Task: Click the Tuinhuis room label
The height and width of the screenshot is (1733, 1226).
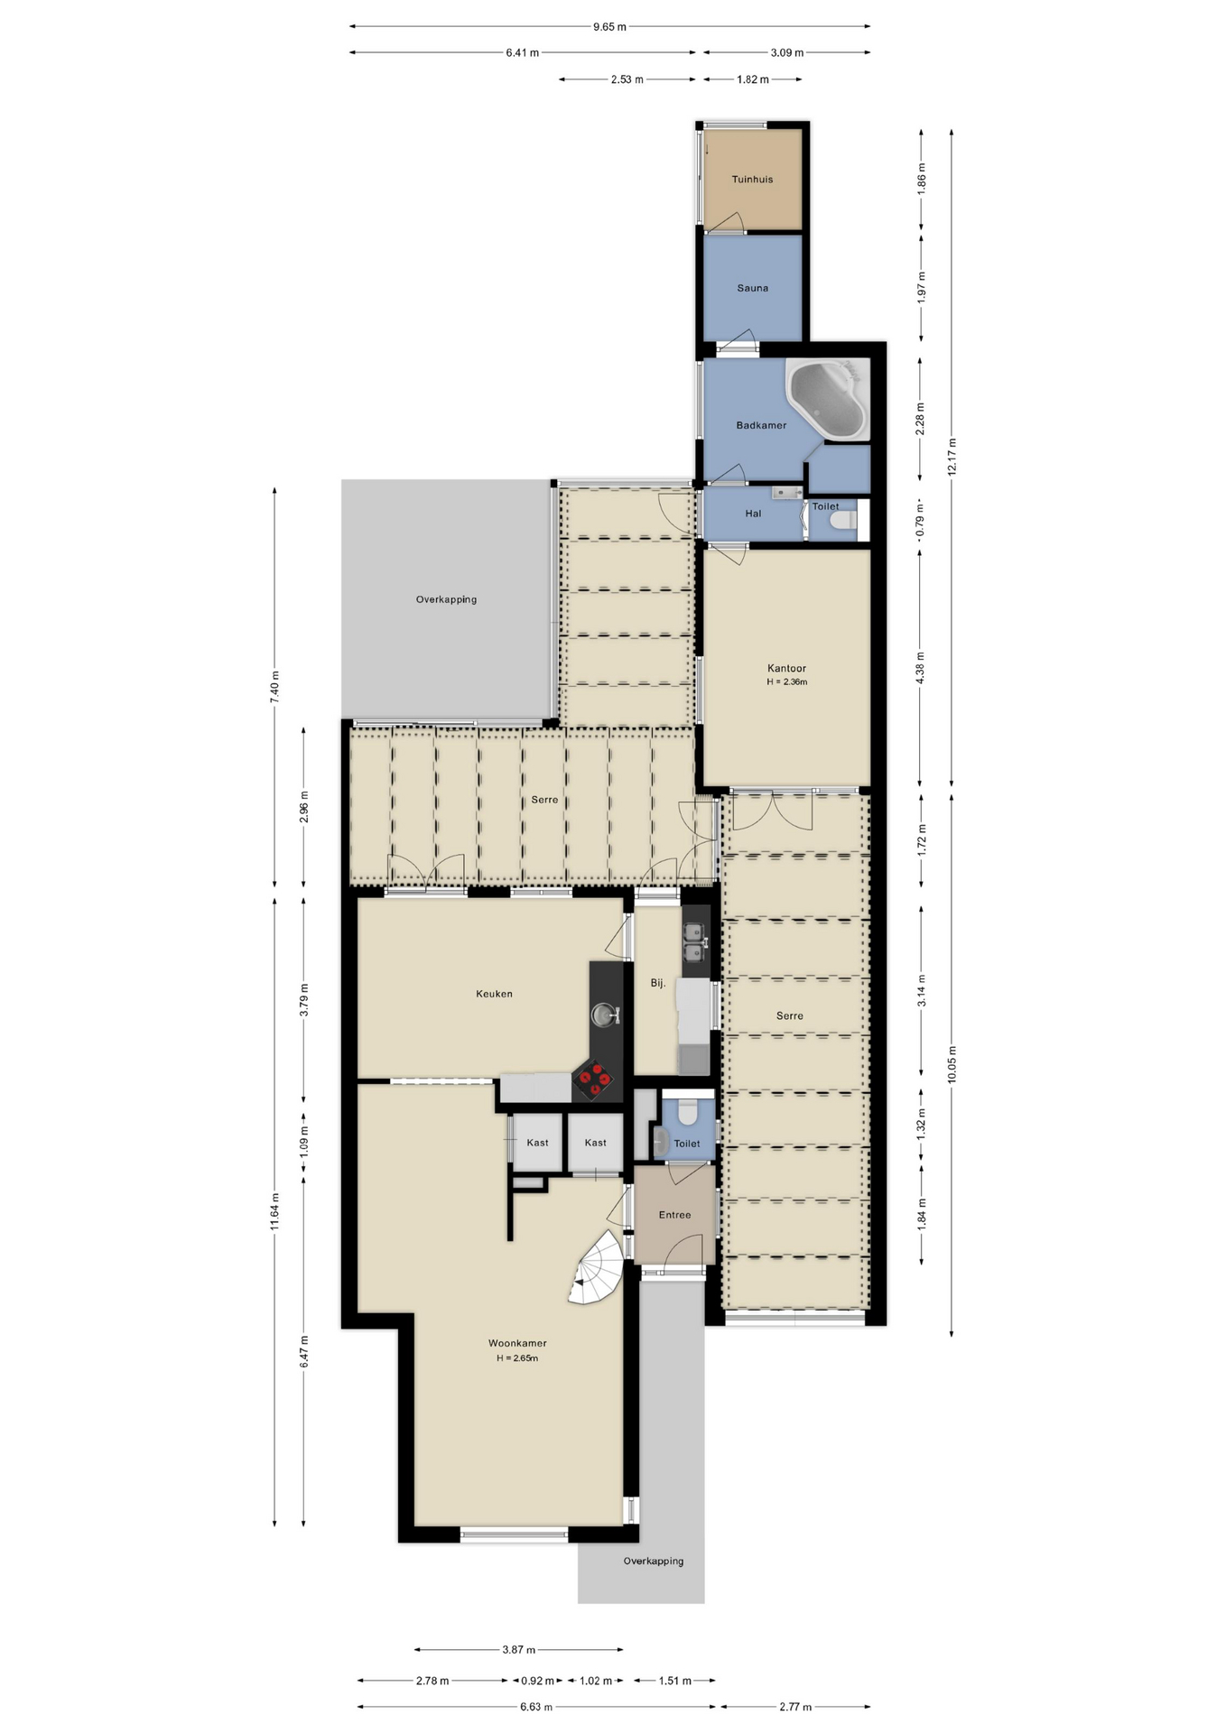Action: tap(752, 180)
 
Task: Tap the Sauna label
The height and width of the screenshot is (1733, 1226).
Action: tap(752, 288)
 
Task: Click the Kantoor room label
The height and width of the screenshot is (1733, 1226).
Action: tap(786, 669)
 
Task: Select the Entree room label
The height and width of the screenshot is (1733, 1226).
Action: tap(674, 1215)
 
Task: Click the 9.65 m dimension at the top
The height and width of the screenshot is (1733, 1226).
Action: tap(609, 27)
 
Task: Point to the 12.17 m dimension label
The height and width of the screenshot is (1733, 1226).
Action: tap(952, 457)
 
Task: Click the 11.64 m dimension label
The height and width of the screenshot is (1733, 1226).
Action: tap(274, 1210)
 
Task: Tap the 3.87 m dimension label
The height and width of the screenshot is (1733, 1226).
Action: tap(519, 1650)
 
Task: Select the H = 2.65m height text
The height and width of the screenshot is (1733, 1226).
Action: tap(517, 1358)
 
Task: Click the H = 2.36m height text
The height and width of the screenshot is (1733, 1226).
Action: tap(786, 682)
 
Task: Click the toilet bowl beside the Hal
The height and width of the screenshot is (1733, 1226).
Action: tap(843, 522)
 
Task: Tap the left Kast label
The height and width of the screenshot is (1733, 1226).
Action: tap(537, 1143)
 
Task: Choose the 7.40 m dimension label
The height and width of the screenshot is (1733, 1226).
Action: tap(274, 687)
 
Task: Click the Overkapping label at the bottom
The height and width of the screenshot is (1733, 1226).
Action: tap(653, 1562)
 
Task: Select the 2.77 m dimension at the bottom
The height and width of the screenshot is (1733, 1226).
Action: tap(795, 1707)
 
